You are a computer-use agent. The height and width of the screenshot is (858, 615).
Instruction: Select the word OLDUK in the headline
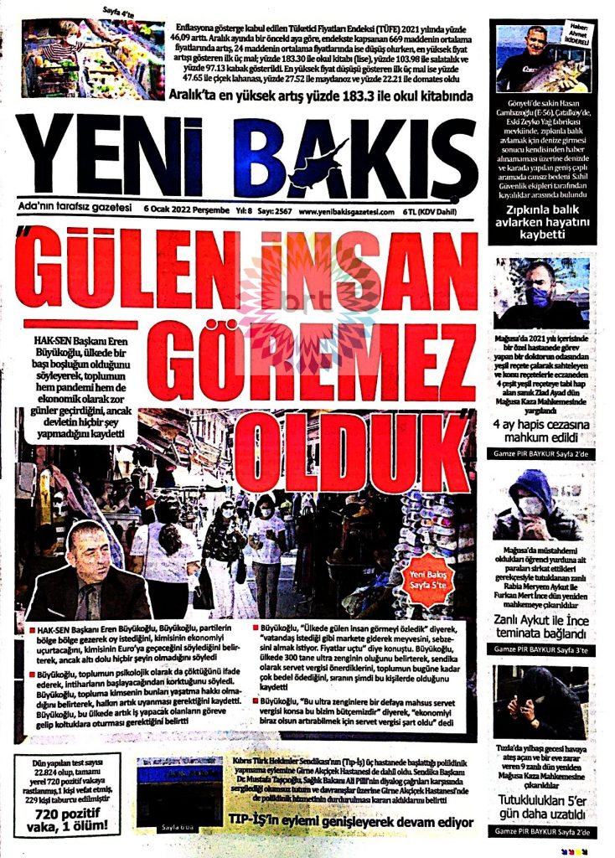[x=352, y=451]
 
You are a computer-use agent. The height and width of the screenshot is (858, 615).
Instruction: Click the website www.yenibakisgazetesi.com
[x=346, y=212]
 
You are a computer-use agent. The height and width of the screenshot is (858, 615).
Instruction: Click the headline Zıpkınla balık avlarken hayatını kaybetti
[x=542, y=220]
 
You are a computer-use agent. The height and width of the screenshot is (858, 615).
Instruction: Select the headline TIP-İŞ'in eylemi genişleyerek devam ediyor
[x=352, y=822]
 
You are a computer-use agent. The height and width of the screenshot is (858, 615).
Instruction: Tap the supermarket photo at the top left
[x=92, y=59]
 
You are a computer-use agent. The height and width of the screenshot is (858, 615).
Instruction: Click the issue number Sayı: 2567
[x=265, y=212]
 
